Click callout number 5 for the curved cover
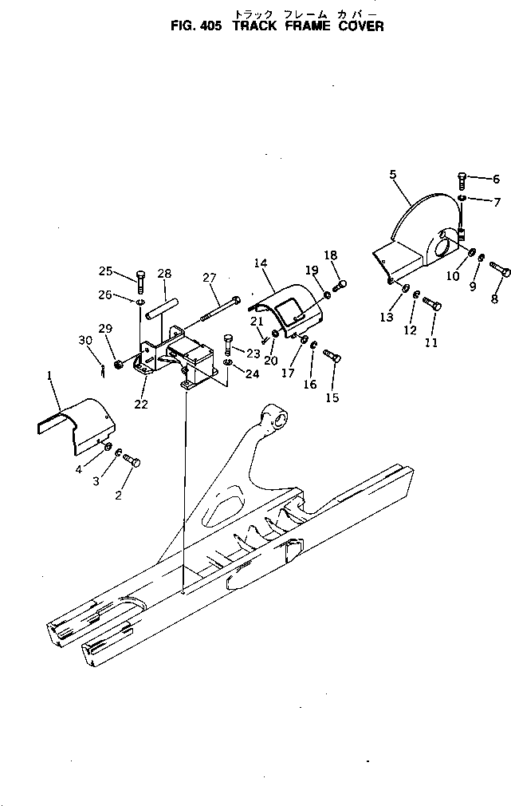point(392,173)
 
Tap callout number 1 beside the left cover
point(50,375)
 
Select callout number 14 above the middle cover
point(260,263)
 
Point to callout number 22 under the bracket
point(141,404)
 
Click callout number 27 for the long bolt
point(209,279)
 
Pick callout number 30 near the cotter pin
point(85,341)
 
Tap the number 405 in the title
point(211,26)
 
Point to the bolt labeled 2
point(132,461)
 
